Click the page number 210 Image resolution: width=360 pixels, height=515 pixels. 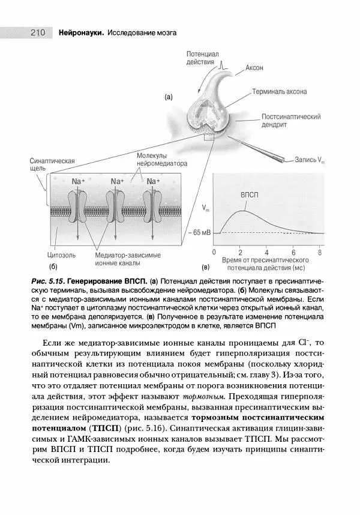pos(30,32)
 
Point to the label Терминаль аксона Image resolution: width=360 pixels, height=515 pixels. pos(279,92)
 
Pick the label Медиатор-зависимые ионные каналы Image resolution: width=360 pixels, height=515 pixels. pos(128,259)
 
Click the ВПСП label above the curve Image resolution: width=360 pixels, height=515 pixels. pos(250,196)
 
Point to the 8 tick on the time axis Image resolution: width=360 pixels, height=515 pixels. pos(320,252)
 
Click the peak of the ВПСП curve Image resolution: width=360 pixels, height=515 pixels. pos(242,211)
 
